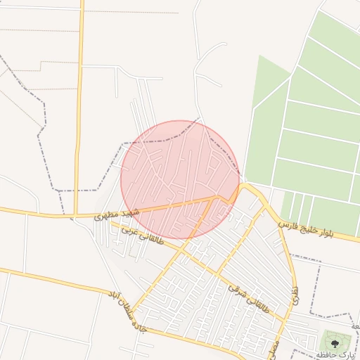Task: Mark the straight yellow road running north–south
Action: click(79, 105)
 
